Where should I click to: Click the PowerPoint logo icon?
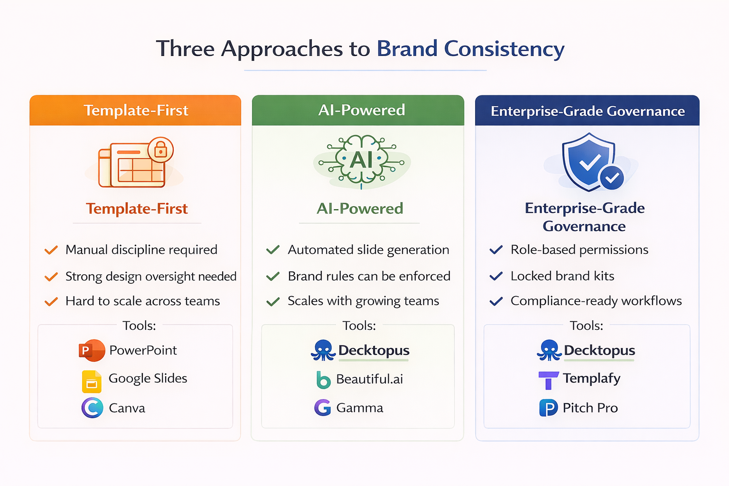[x=92, y=351]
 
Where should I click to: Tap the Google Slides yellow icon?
[x=92, y=382]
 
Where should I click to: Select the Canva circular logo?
[x=92, y=408]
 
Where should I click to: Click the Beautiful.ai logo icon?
[x=323, y=380]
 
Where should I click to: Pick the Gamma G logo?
[x=323, y=408]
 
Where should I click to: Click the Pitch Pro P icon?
[x=548, y=408]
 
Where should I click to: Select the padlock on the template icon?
[x=160, y=150]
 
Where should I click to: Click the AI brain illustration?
[x=362, y=160]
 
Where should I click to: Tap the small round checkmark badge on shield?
[x=612, y=178]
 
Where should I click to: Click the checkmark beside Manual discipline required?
[x=51, y=250]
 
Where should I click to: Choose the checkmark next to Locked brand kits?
[x=496, y=276]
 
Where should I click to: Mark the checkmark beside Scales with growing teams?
[x=273, y=302]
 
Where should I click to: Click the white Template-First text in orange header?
[x=136, y=111]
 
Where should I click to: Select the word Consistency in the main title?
[x=504, y=49]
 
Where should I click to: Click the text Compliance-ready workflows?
[x=596, y=301]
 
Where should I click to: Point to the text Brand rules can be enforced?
[x=369, y=276]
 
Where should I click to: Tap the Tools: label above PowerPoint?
[x=139, y=326]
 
